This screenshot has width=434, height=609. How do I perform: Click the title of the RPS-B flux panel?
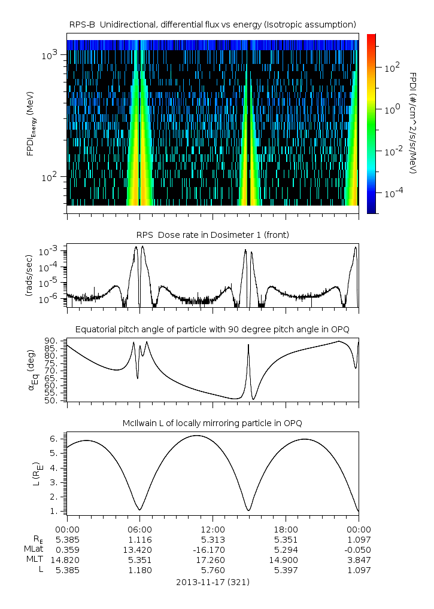[x=213, y=24]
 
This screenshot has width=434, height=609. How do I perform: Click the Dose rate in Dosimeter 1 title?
[x=213, y=235]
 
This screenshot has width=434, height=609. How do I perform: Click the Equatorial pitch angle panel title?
[x=213, y=329]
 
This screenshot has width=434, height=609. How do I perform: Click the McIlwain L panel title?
[x=213, y=423]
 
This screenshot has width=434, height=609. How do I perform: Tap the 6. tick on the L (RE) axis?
[x=55, y=439]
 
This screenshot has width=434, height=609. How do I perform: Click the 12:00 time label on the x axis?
[x=213, y=530]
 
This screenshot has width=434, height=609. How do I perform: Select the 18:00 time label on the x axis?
[x=286, y=530]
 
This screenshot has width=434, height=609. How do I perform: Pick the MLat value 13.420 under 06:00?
[x=139, y=549]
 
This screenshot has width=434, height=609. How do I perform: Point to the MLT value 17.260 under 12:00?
[x=213, y=559]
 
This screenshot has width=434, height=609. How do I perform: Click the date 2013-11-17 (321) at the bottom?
[x=213, y=582]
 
